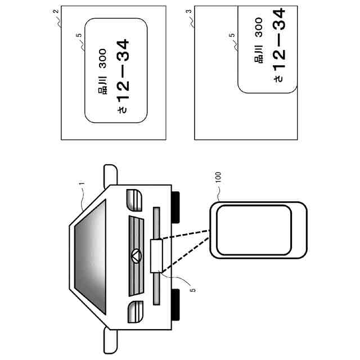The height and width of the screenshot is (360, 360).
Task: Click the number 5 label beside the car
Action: point(192,290)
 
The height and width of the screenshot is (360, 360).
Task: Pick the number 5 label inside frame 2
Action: point(78,35)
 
